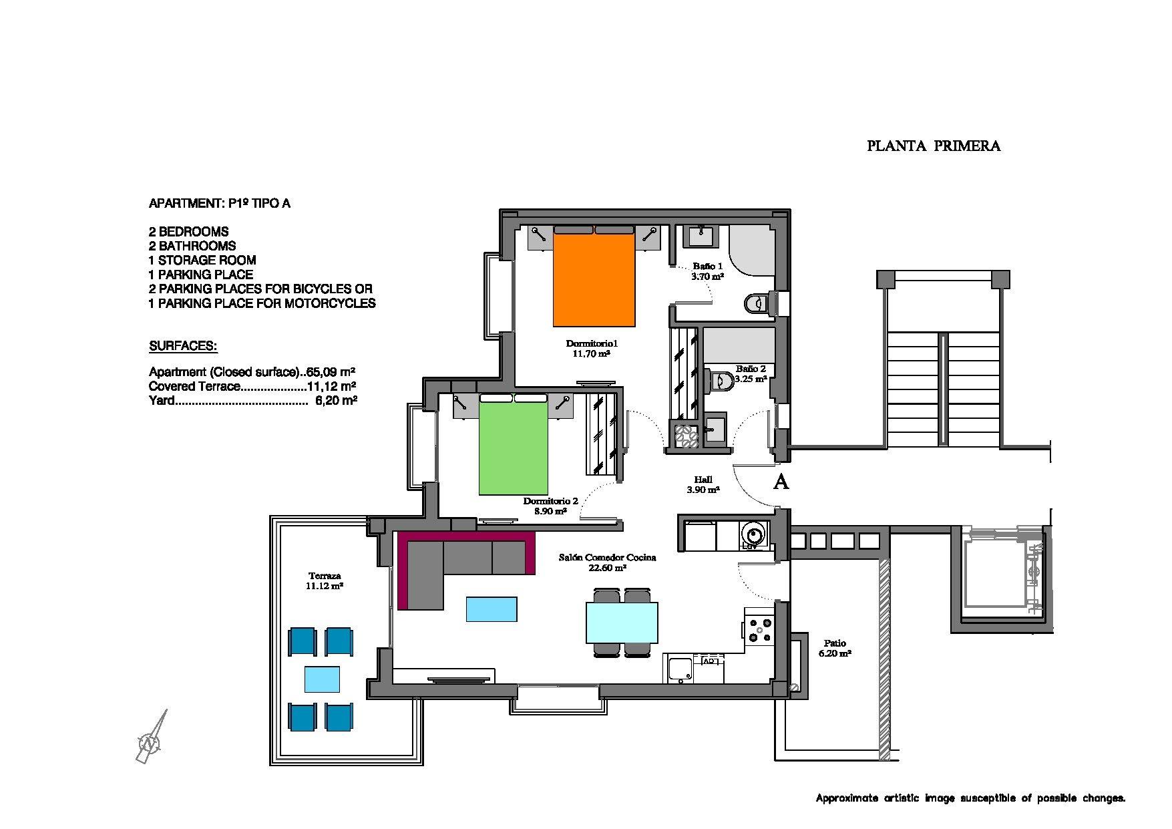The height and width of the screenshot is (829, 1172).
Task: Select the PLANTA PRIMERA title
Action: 933,146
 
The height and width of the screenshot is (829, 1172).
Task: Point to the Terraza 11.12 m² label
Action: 325,581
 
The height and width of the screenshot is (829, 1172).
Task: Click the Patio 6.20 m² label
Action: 834,649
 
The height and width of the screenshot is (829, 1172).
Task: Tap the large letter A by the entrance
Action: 781,482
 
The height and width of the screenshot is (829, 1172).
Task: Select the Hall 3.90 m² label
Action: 703,484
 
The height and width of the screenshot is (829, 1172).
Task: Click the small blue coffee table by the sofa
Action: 492,609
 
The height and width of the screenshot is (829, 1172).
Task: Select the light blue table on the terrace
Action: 322,679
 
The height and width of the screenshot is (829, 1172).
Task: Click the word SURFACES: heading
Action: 183,347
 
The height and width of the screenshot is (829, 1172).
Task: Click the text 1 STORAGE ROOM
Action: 202,261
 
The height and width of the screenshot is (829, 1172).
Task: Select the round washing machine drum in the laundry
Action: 755,534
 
